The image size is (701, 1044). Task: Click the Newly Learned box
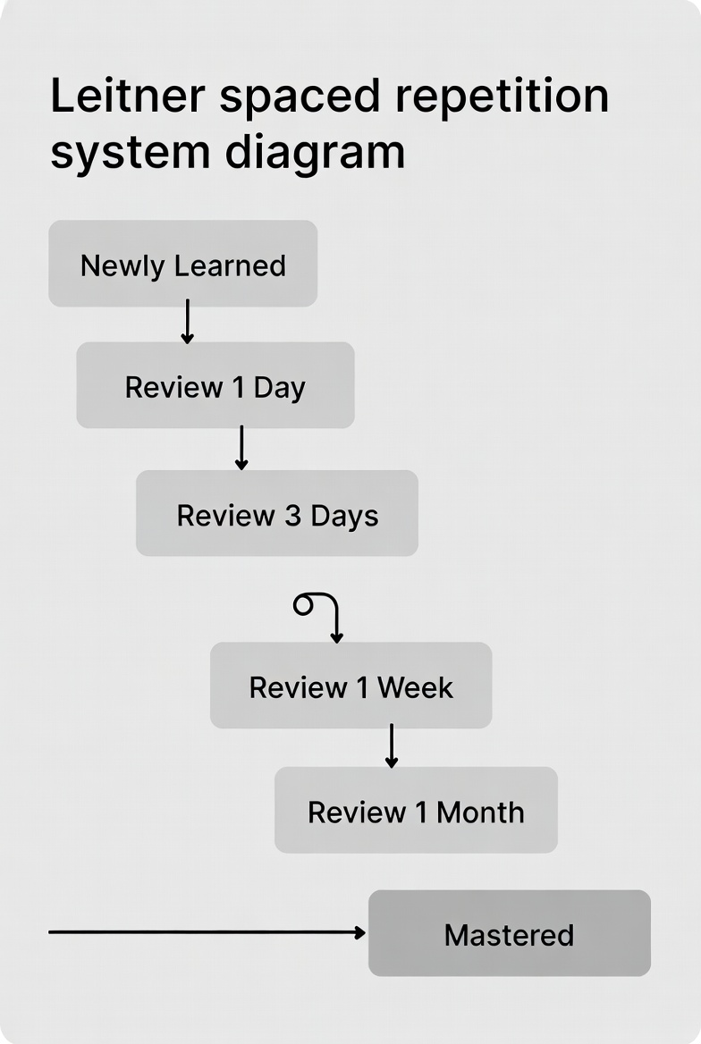(x=182, y=264)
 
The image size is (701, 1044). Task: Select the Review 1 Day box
(x=215, y=385)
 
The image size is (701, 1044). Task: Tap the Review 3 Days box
(x=277, y=513)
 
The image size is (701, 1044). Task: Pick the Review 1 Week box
(x=351, y=685)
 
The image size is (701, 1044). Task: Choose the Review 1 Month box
(x=416, y=810)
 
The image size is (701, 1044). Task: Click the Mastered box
(x=510, y=933)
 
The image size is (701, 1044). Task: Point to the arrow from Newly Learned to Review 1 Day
(x=187, y=322)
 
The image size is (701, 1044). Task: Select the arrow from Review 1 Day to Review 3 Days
(x=242, y=448)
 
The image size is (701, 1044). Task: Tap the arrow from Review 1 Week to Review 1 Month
(x=392, y=745)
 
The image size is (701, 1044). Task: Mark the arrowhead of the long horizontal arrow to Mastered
(x=360, y=933)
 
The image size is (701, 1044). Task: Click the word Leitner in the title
(x=127, y=96)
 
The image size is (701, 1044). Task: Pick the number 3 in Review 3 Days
(x=293, y=516)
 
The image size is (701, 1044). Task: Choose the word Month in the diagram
(x=480, y=812)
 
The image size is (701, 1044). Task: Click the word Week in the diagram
(x=415, y=687)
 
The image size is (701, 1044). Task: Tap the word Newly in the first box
(x=122, y=266)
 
